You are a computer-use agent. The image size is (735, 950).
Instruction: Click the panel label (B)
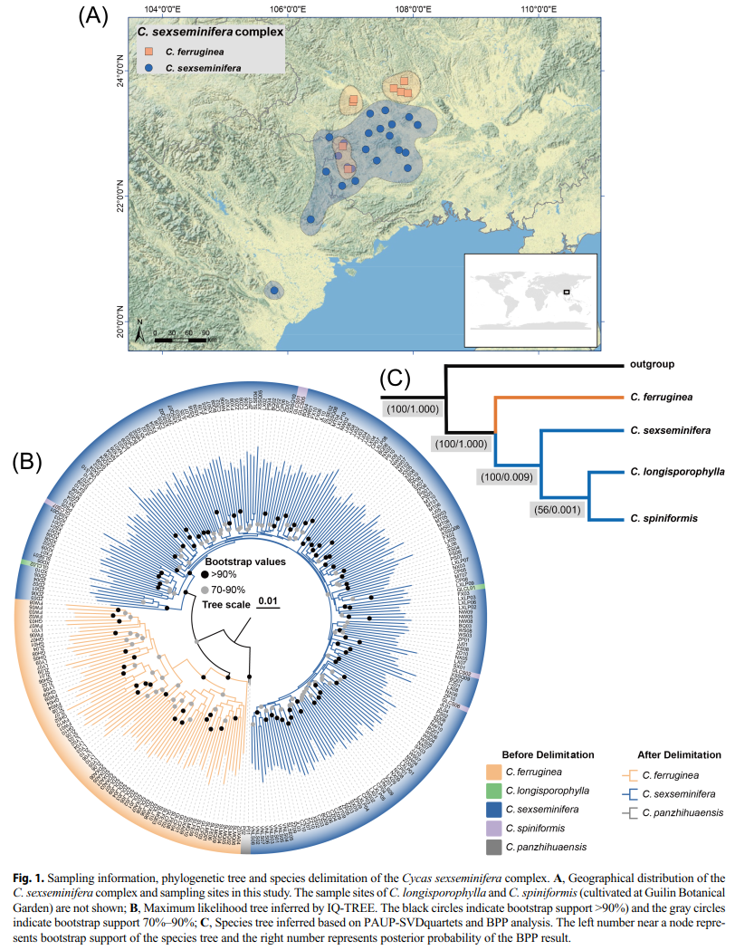tap(27, 462)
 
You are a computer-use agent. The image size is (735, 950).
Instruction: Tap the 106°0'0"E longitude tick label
tap(287, 9)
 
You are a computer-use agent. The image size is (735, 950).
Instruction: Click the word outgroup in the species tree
tap(649, 366)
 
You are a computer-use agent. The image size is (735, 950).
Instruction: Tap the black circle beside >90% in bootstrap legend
tap(205, 575)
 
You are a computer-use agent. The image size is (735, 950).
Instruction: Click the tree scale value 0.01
tap(267, 600)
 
